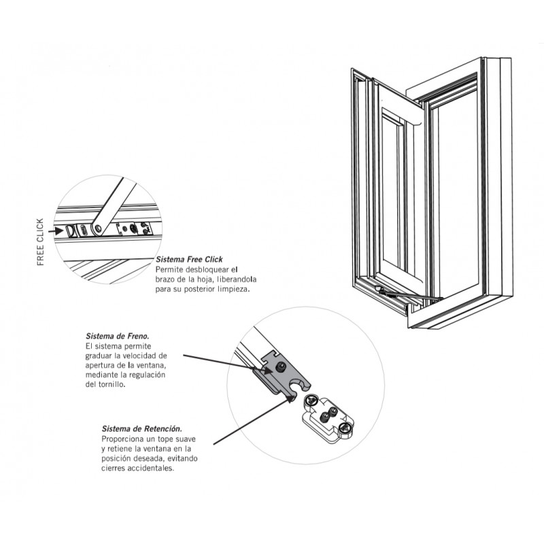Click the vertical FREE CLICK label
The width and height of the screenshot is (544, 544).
pos(41,242)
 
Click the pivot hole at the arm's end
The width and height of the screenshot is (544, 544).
pos(98,228)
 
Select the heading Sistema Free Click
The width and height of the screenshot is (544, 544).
pos(189,259)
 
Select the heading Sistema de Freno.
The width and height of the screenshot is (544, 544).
pos(117,336)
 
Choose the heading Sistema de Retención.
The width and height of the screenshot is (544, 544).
pos(142,428)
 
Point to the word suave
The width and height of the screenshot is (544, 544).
pos(185,439)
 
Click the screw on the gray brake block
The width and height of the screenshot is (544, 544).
pos(281,367)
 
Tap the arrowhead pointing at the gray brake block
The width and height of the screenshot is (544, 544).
pos(267,370)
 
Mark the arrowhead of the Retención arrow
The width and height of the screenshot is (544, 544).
pos(290,398)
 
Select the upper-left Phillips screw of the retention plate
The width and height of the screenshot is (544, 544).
pos(311,401)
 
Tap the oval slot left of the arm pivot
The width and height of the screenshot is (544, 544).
pos(83,230)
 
